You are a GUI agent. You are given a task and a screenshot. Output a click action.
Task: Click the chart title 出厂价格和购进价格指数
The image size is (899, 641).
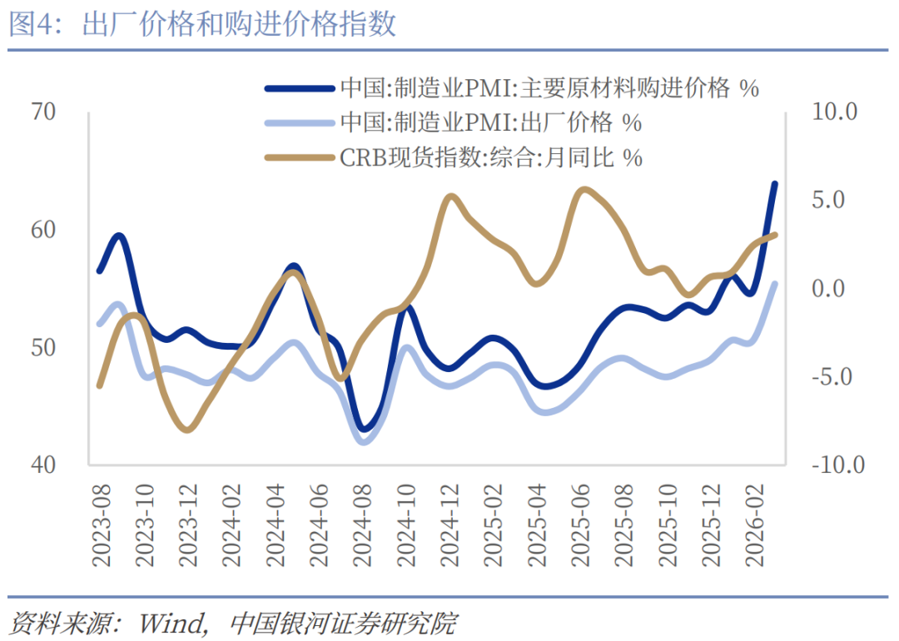pos(240,25)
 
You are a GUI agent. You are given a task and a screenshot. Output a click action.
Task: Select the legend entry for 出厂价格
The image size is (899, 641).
pos(491,122)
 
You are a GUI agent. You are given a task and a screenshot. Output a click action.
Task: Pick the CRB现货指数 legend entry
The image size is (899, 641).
pos(491,157)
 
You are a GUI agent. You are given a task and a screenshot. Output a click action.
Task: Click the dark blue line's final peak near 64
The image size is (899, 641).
pos(775,183)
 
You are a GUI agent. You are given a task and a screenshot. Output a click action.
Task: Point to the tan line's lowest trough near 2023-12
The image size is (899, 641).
pos(187,430)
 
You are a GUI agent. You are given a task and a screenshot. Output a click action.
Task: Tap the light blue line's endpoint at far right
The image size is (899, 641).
pos(775,283)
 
